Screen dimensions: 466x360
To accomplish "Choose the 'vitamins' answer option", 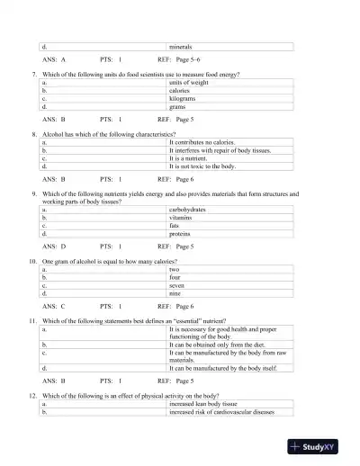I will tap(181, 218).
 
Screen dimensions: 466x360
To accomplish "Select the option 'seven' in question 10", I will tap(177, 285).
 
